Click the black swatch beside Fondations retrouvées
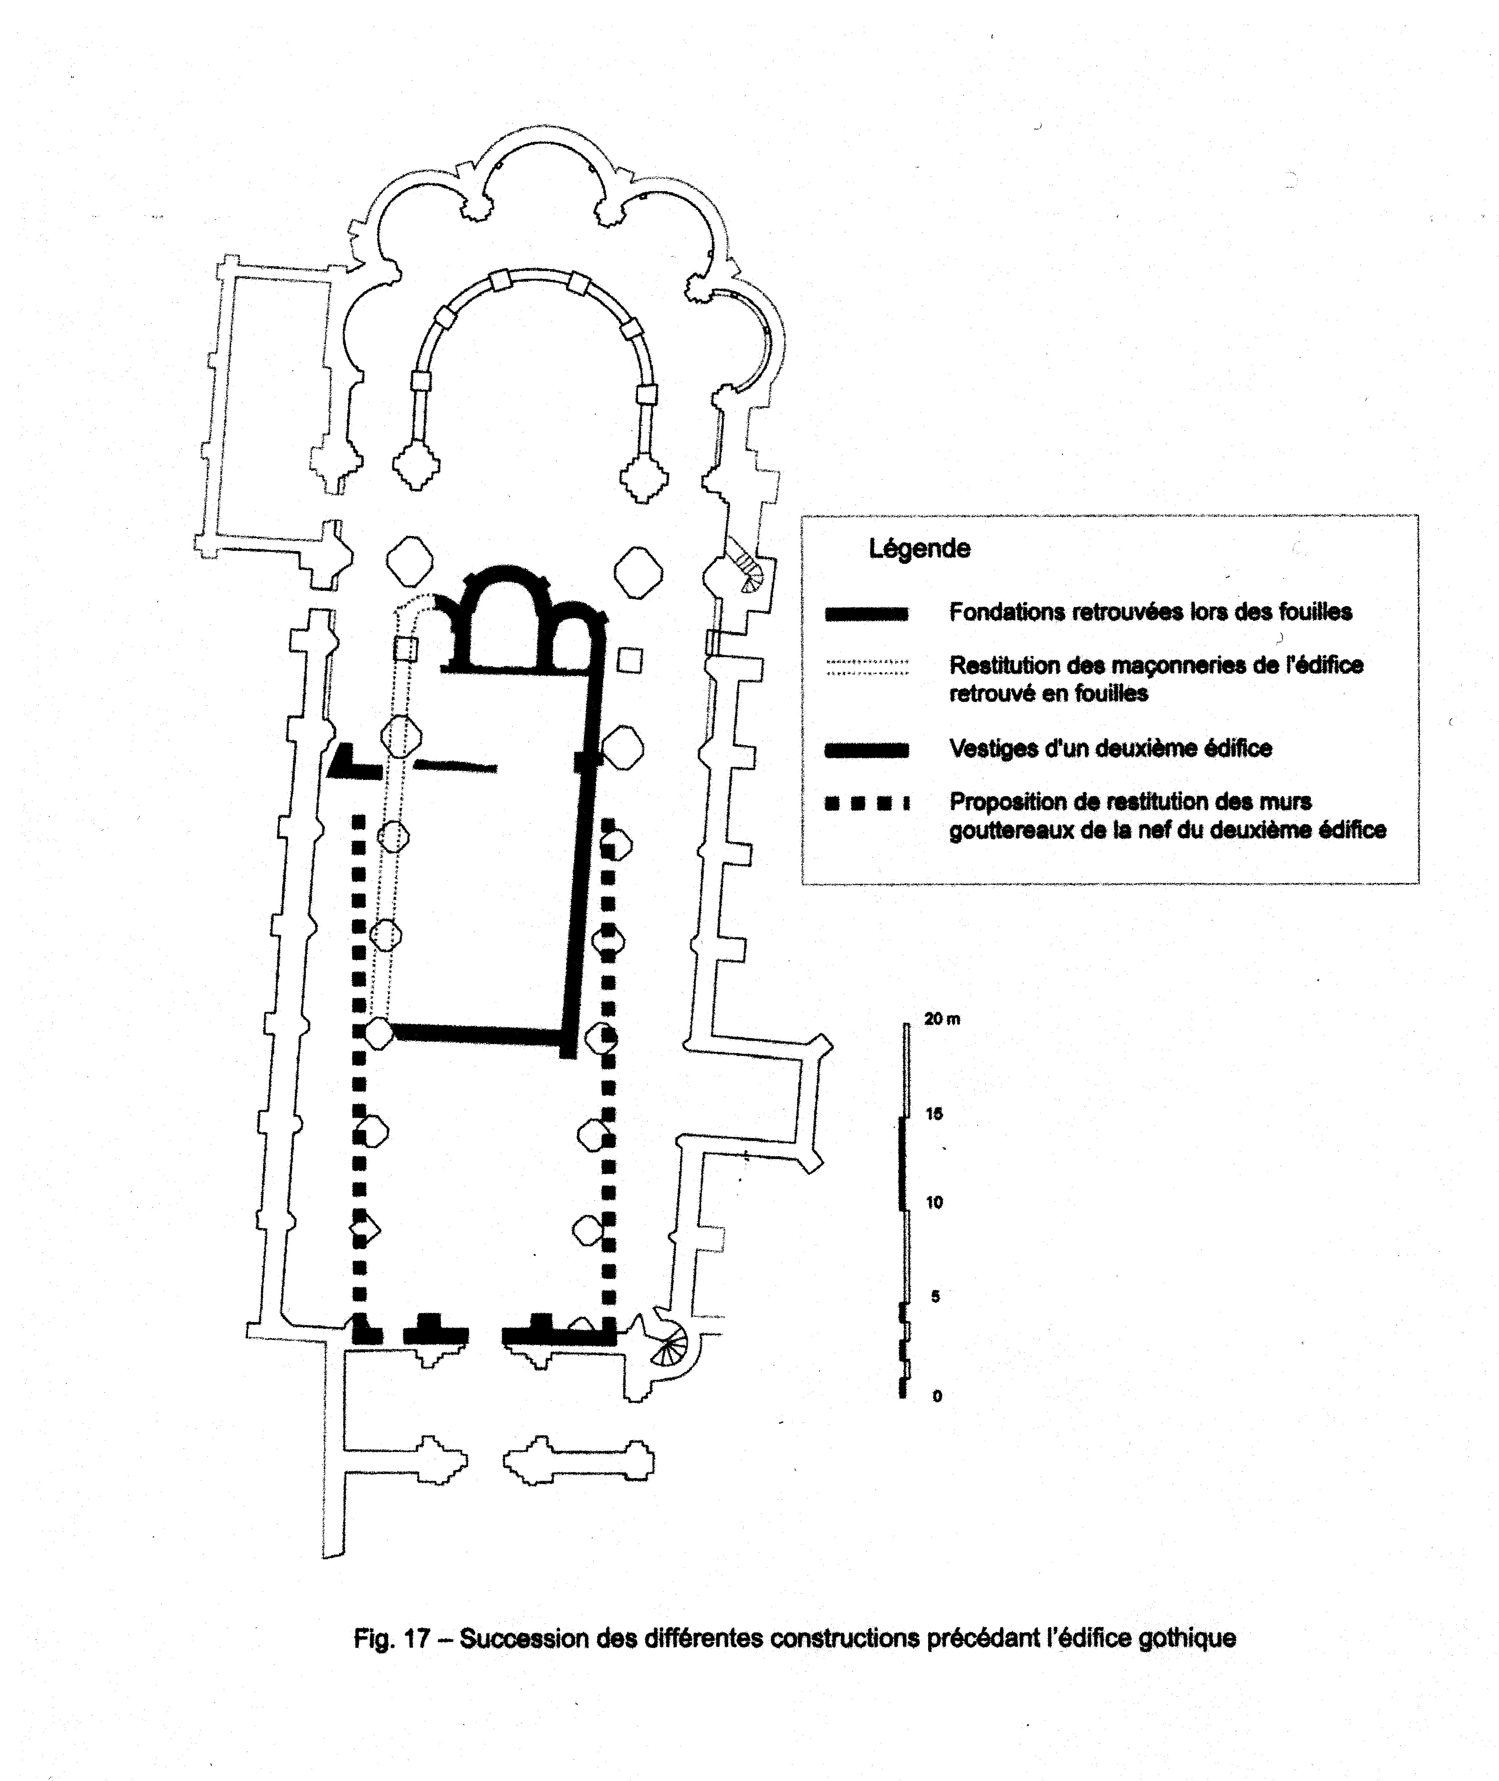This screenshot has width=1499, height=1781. click(867, 614)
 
